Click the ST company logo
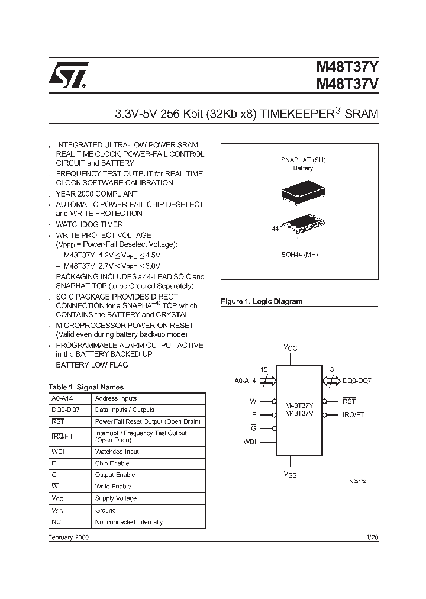tap(69, 75)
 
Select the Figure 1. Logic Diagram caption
tap(262, 301)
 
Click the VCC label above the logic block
tap(290, 348)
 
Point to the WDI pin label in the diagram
tap(249, 442)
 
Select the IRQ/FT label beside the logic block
tap(353, 415)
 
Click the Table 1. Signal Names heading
tap(86, 387)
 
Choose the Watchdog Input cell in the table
tap(117, 452)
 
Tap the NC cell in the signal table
tap(56, 522)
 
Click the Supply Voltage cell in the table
tap(116, 498)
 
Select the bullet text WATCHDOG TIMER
tap(89, 224)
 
